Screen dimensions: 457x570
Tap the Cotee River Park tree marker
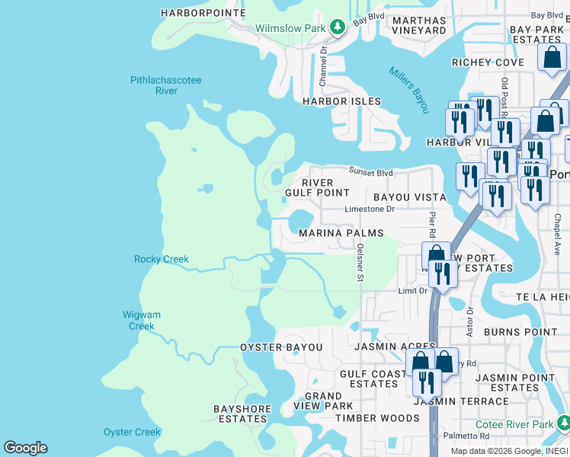[x=562, y=423]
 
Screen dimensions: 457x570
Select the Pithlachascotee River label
[x=155, y=85]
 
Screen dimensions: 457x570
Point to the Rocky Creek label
[x=161, y=259]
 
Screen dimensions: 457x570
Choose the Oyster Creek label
[x=132, y=432]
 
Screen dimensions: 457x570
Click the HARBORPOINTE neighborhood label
[x=203, y=13]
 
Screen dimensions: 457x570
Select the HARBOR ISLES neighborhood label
[x=341, y=101]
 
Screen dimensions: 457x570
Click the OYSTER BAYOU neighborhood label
[x=281, y=347]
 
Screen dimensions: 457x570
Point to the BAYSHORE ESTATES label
[x=243, y=414]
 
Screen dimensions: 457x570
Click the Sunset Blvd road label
[x=371, y=171]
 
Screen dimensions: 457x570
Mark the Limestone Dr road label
[x=370, y=209]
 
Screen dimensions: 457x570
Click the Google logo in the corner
[x=25, y=448]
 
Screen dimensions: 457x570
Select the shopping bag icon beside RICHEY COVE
[x=550, y=59]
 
